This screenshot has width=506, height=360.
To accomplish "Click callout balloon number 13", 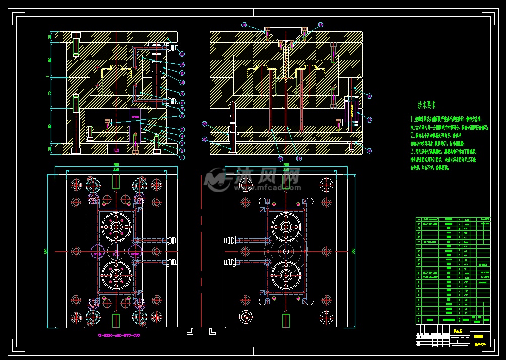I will click(182, 54).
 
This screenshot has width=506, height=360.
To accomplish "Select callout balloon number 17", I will click(369, 120).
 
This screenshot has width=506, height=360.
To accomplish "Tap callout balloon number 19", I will click(299, 158).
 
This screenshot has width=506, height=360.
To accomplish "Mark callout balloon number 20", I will click(280, 158).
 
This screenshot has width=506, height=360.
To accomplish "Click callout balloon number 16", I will click(369, 96).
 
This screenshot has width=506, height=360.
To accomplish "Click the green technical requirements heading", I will click(427, 105).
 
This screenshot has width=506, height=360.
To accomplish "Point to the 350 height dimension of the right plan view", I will click(353, 251).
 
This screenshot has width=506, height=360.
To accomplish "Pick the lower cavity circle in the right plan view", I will click(286, 275).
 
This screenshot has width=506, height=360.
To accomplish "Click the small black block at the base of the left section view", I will click(116, 149).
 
